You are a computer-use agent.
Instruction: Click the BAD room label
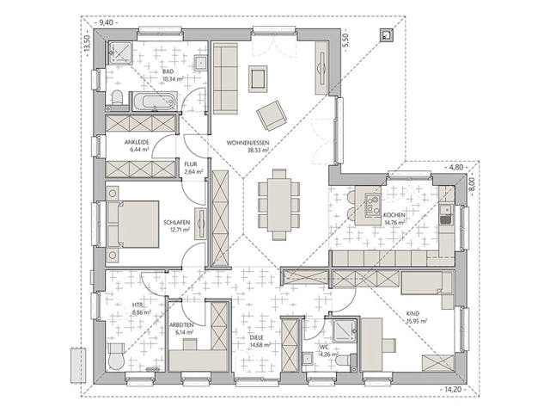[x=168, y=72]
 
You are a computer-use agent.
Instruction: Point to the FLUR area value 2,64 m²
[x=193, y=171]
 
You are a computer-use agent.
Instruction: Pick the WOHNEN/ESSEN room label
[x=248, y=142]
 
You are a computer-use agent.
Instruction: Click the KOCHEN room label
[x=394, y=214]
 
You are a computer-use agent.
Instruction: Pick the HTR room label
[x=137, y=305]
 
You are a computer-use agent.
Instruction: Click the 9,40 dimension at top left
[x=107, y=22]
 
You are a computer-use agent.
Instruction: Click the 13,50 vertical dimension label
[x=85, y=43]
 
